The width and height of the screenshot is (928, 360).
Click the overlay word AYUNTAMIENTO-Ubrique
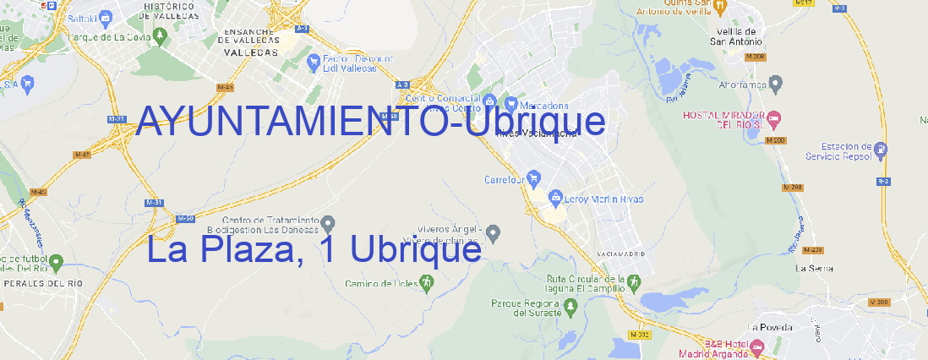[370, 122]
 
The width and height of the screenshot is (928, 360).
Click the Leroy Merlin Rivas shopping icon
[555, 199]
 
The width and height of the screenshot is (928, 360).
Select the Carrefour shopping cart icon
[535, 178]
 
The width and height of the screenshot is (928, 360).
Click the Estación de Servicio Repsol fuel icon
[882, 150]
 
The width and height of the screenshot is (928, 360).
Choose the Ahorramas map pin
[777, 83]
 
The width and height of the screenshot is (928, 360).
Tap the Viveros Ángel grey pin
[494, 232]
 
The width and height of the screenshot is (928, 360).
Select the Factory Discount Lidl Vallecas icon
[314, 59]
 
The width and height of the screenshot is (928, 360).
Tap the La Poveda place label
[772, 327]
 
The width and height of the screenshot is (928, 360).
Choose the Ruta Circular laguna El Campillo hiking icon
[632, 281]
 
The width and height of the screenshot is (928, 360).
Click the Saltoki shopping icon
[105, 16]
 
